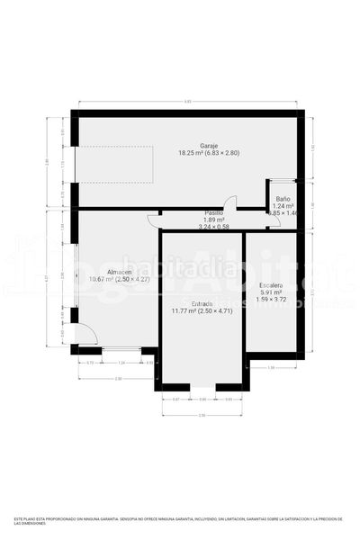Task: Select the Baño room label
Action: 283,198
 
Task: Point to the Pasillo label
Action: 214,212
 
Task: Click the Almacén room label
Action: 120,272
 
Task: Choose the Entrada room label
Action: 202,303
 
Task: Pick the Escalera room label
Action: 271,284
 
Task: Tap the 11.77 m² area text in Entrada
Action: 202,311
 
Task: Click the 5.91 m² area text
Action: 271,292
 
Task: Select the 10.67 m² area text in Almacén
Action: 120,280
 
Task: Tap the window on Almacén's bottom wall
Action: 121,349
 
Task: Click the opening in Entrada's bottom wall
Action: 202,386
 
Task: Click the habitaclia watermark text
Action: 181,268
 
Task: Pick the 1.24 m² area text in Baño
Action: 283,206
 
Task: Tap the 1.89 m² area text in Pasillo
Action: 214,220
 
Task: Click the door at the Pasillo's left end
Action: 155,219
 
